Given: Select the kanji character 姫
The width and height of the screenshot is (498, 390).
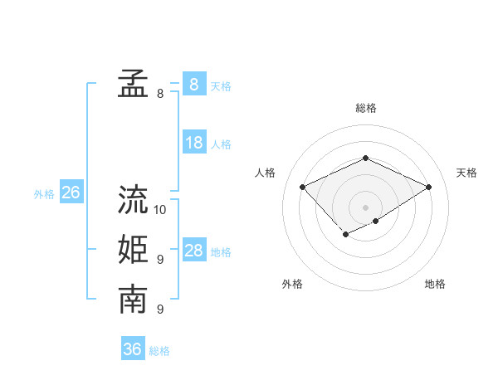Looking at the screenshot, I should (133, 250).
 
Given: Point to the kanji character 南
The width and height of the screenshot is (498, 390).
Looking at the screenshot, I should (133, 300).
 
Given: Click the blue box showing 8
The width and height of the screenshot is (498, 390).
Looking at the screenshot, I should (193, 84).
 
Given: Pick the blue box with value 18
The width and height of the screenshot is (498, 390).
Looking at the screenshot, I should (193, 143).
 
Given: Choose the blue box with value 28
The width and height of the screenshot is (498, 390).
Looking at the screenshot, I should (193, 251).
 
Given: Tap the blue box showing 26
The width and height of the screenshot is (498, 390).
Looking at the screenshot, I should (71, 193).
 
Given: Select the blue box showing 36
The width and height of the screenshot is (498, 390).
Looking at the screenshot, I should (132, 349).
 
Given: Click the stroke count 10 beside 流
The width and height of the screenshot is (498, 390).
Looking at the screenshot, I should (160, 210).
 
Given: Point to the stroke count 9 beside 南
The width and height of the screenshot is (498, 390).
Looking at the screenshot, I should (160, 310).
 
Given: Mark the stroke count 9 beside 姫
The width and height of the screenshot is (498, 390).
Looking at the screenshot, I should (160, 260).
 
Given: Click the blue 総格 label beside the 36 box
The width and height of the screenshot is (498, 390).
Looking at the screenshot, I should (159, 351).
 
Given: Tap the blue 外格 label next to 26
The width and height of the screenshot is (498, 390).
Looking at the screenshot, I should (44, 194).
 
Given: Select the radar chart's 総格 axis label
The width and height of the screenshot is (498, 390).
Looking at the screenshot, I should (366, 108).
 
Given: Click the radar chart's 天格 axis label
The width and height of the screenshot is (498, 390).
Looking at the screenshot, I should (466, 173).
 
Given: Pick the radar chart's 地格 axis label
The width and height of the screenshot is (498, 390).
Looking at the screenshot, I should (435, 284).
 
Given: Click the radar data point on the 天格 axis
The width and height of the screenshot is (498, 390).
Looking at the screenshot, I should (429, 188).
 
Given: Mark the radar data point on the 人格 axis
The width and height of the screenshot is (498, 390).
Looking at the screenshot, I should (303, 188).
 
